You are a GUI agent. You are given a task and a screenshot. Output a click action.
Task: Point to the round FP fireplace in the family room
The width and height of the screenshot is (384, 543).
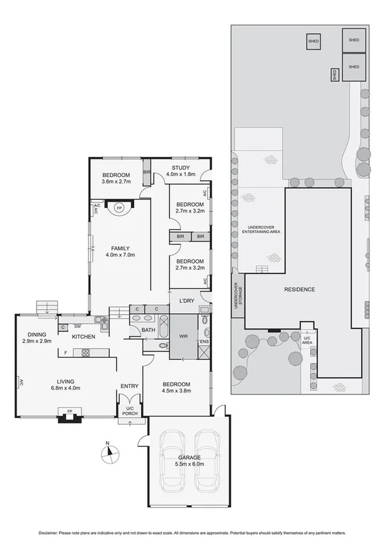click(x=120, y=207)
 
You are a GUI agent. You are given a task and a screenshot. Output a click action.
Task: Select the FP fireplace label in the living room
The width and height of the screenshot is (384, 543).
click(x=67, y=411)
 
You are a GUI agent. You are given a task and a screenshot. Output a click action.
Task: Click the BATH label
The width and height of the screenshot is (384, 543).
click(x=148, y=330)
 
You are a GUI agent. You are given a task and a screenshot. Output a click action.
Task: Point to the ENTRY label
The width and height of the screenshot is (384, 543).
click(x=129, y=385)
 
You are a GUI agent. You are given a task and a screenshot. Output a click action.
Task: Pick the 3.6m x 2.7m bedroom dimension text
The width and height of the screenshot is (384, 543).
click(x=116, y=182)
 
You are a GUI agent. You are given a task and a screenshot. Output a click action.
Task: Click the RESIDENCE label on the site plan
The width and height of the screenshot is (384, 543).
click(x=299, y=289)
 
